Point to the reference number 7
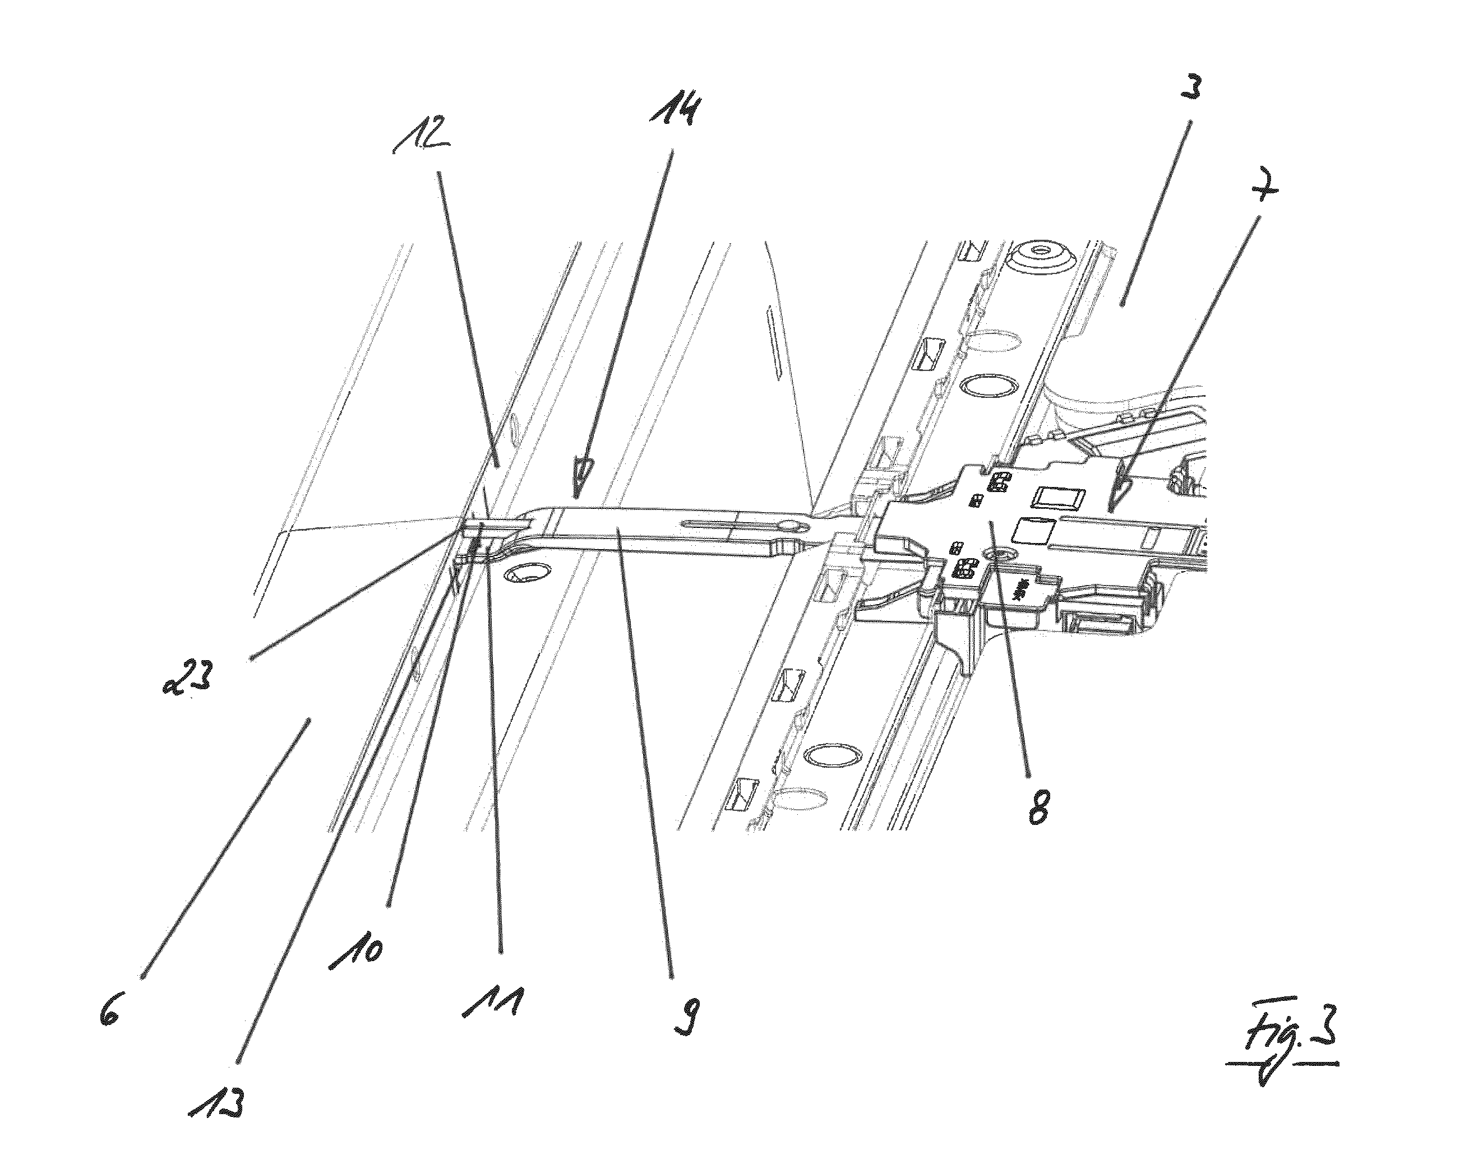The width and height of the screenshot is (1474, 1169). pos(1260,187)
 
